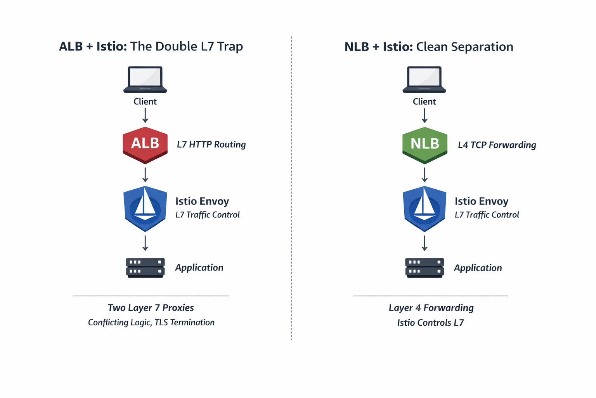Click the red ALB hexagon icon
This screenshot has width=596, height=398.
(x=145, y=145)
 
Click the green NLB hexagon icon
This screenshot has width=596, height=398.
(x=424, y=145)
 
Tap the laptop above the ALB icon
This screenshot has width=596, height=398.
(x=145, y=79)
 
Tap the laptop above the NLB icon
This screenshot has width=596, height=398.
(x=424, y=79)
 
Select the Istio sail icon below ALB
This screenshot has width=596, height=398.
(x=145, y=209)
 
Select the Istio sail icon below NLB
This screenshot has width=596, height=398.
(x=424, y=209)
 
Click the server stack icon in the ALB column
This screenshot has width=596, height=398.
(x=145, y=267)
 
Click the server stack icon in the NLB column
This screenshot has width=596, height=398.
(x=424, y=267)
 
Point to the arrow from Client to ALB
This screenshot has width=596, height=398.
(x=145, y=115)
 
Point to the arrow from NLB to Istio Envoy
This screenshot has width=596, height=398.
(x=424, y=175)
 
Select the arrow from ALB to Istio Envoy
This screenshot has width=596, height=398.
(x=145, y=175)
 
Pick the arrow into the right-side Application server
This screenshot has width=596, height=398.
(x=424, y=243)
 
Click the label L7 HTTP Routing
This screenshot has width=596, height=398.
(x=211, y=145)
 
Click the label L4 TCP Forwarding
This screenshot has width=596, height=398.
(x=497, y=145)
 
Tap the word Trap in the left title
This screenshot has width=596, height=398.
(x=230, y=46)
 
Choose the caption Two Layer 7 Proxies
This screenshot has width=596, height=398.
(x=151, y=308)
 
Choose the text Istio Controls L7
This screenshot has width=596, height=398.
(x=430, y=323)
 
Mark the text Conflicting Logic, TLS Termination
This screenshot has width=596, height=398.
(x=151, y=323)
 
